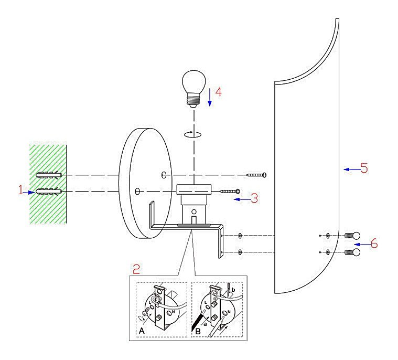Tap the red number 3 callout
[254, 199]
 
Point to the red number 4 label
[218, 92]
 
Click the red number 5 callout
[364, 168]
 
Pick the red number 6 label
[374, 244]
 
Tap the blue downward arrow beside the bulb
[209, 97]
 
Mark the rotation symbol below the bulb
[192, 134]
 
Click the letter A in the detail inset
[142, 331]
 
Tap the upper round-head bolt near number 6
[352, 236]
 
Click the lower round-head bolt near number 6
[352, 252]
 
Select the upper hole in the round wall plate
[164, 174]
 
